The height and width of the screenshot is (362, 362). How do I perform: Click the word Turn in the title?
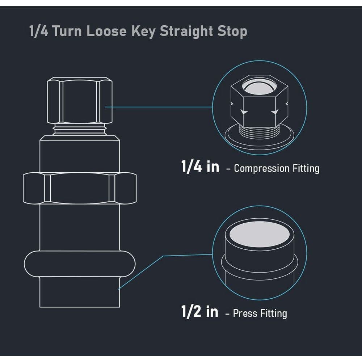point(67,31)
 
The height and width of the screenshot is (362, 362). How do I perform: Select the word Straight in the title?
point(186,31)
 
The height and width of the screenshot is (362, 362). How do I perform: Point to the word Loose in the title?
point(106,31)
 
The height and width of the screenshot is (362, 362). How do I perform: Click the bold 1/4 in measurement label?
point(200,166)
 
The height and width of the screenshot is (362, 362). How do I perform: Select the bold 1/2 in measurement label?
point(200,311)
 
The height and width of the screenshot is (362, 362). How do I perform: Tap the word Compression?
point(262,169)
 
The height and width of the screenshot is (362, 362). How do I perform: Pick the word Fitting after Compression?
point(306,168)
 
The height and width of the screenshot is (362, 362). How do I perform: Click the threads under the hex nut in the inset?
point(260,132)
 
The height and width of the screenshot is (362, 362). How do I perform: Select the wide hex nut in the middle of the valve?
point(80,188)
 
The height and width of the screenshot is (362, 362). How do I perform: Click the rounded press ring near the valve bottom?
point(80,264)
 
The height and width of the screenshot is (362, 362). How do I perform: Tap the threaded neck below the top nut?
point(80,129)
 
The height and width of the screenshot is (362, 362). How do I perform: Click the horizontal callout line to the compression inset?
point(159,107)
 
